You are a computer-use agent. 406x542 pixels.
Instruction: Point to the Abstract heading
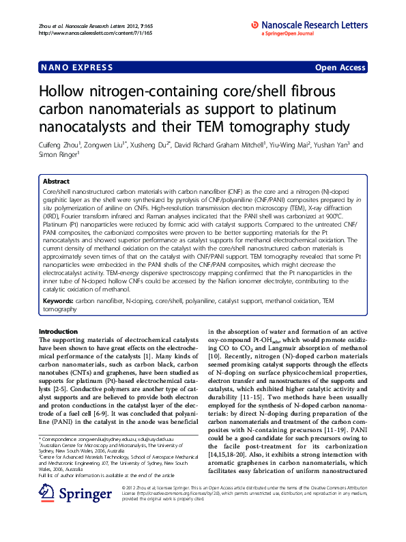[x=56, y=181]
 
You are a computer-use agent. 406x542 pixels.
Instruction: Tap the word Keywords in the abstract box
[x=57, y=300]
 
